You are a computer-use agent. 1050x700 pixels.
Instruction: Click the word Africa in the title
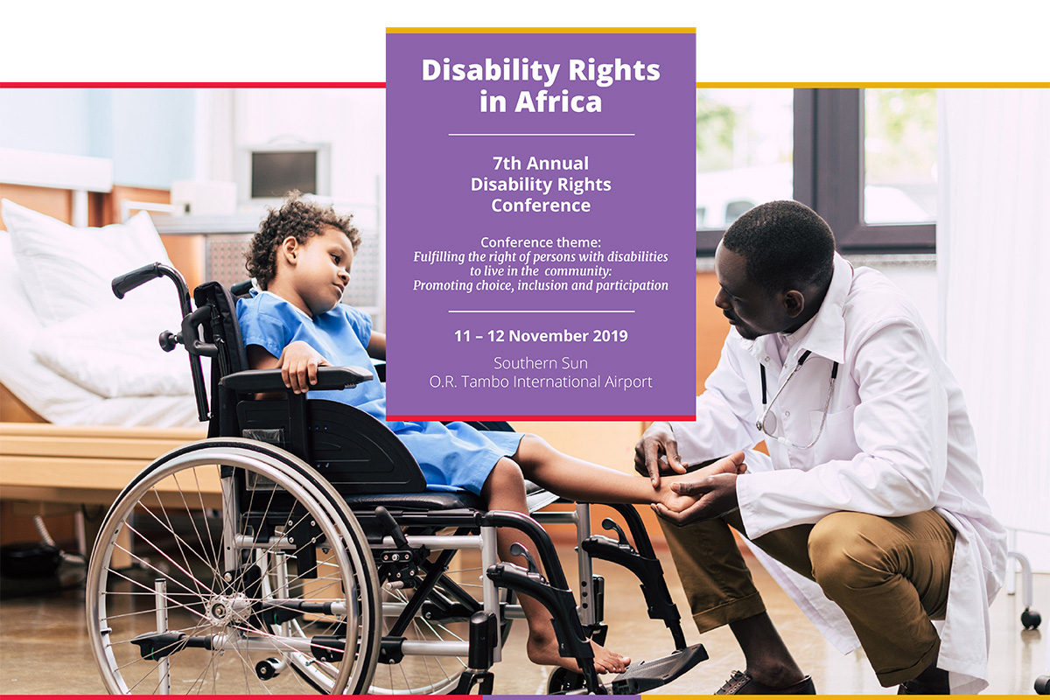pyautogui.click(x=558, y=101)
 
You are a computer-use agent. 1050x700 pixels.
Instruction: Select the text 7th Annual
pyautogui.click(x=541, y=163)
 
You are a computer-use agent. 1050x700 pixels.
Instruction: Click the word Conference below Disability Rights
pyautogui.click(x=541, y=206)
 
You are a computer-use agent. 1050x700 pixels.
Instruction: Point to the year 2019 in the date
pyautogui.click(x=611, y=336)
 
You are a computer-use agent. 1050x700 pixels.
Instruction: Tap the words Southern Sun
pyautogui.click(x=541, y=363)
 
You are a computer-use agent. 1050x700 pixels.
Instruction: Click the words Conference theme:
pyautogui.click(x=541, y=242)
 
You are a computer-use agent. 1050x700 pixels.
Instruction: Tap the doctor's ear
pyautogui.click(x=794, y=303)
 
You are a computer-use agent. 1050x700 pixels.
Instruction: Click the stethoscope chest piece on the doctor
pyautogui.click(x=767, y=423)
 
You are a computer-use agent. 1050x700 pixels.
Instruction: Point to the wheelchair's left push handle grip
pyautogui.click(x=135, y=279)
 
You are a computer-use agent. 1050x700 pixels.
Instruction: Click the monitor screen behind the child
pyautogui.click(x=284, y=174)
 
